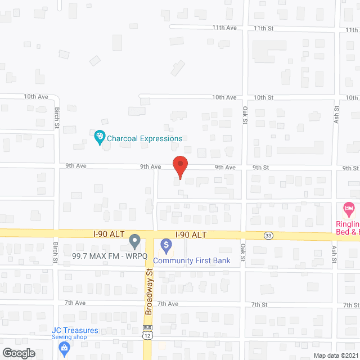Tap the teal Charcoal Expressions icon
coord(99,137)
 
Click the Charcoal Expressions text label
coord(145,138)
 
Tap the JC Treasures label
coord(75,330)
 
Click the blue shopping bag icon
coord(65,348)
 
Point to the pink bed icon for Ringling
coord(349,209)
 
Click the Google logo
coord(18,353)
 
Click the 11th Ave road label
coord(224,28)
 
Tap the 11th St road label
coord(263,28)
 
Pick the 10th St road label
coord(263,97)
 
